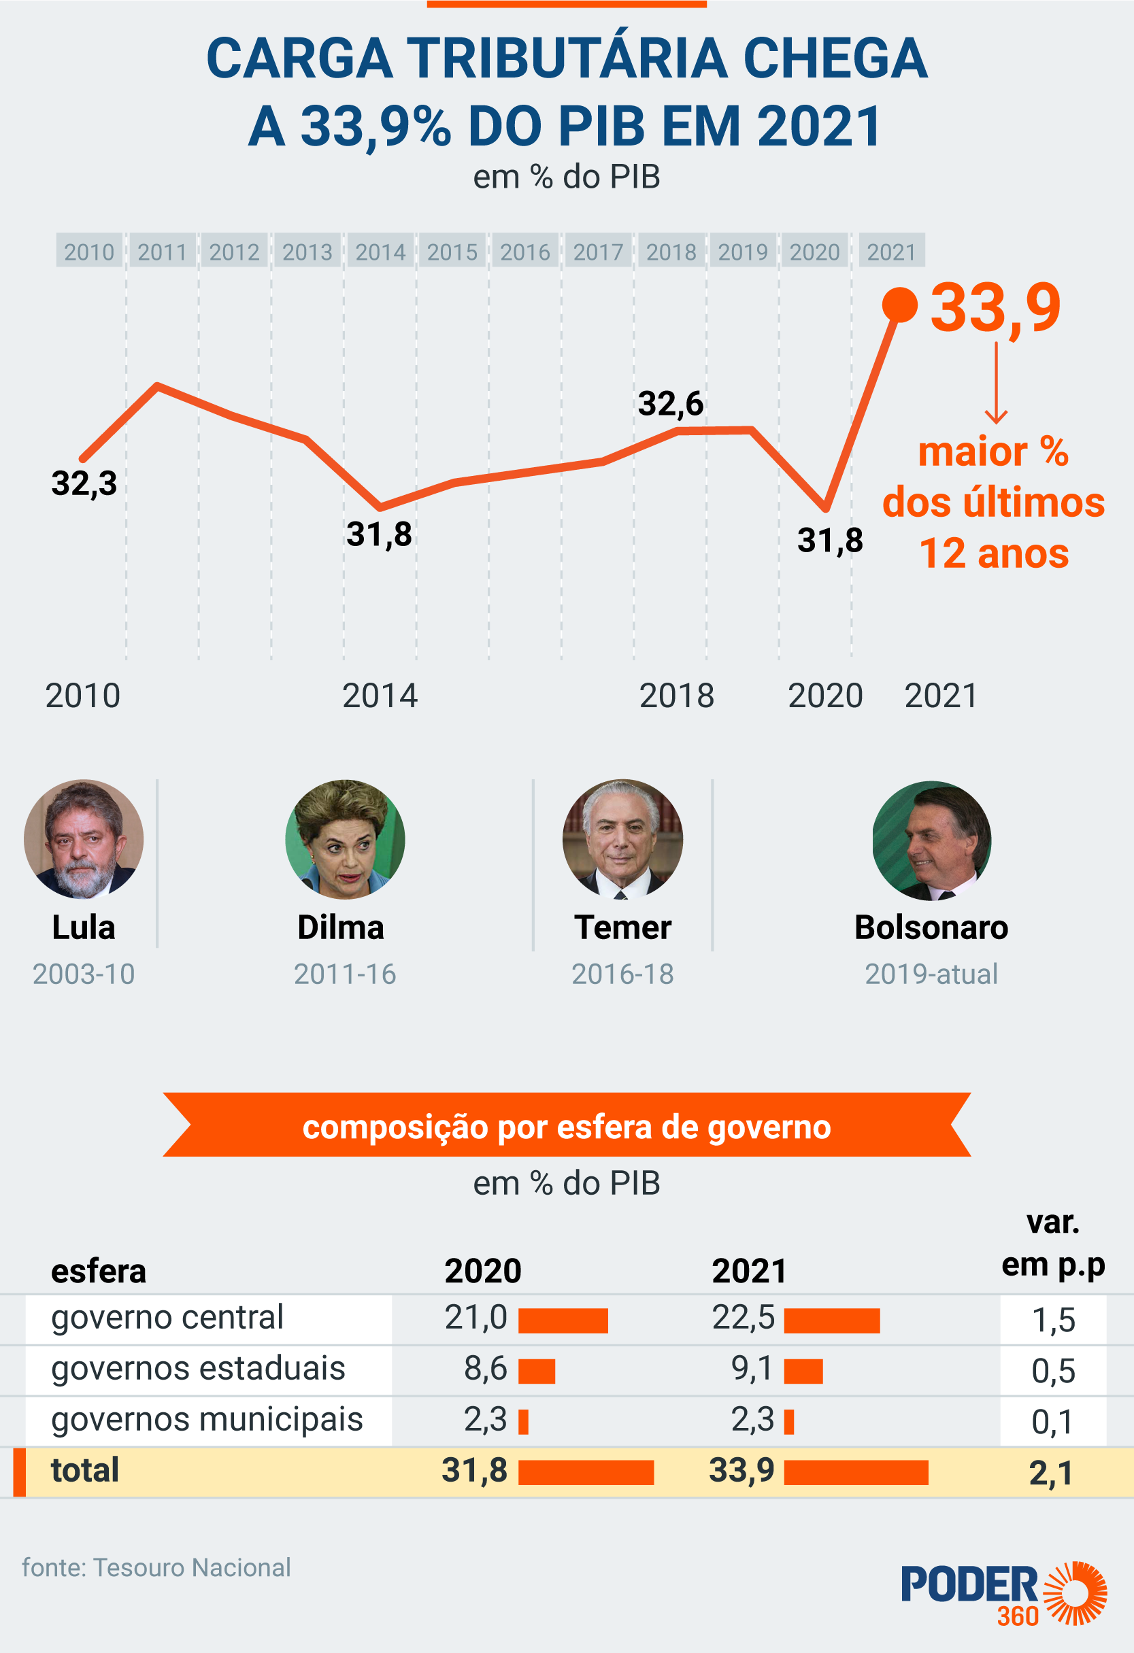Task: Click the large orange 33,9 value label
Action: pos(995,307)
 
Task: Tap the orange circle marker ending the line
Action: pos(900,305)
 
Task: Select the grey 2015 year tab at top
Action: pos(452,251)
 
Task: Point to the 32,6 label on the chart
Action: pos(670,403)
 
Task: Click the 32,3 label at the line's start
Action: pos(84,483)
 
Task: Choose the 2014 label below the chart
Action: pos(379,695)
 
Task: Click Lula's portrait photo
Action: pos(84,838)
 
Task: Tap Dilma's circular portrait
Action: pos(345,838)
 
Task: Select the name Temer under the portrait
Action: pos(622,927)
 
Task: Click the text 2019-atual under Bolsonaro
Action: pos(931,974)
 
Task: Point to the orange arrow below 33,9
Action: pos(995,384)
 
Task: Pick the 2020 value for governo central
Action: pos(476,1317)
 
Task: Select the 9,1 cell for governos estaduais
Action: pos(752,1369)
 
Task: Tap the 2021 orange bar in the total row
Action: pos(856,1472)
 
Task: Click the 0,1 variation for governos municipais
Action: pos(1052,1422)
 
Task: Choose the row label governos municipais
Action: pos(207,1419)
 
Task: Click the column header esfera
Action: pos(98,1271)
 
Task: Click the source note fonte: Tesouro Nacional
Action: pos(156,1567)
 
